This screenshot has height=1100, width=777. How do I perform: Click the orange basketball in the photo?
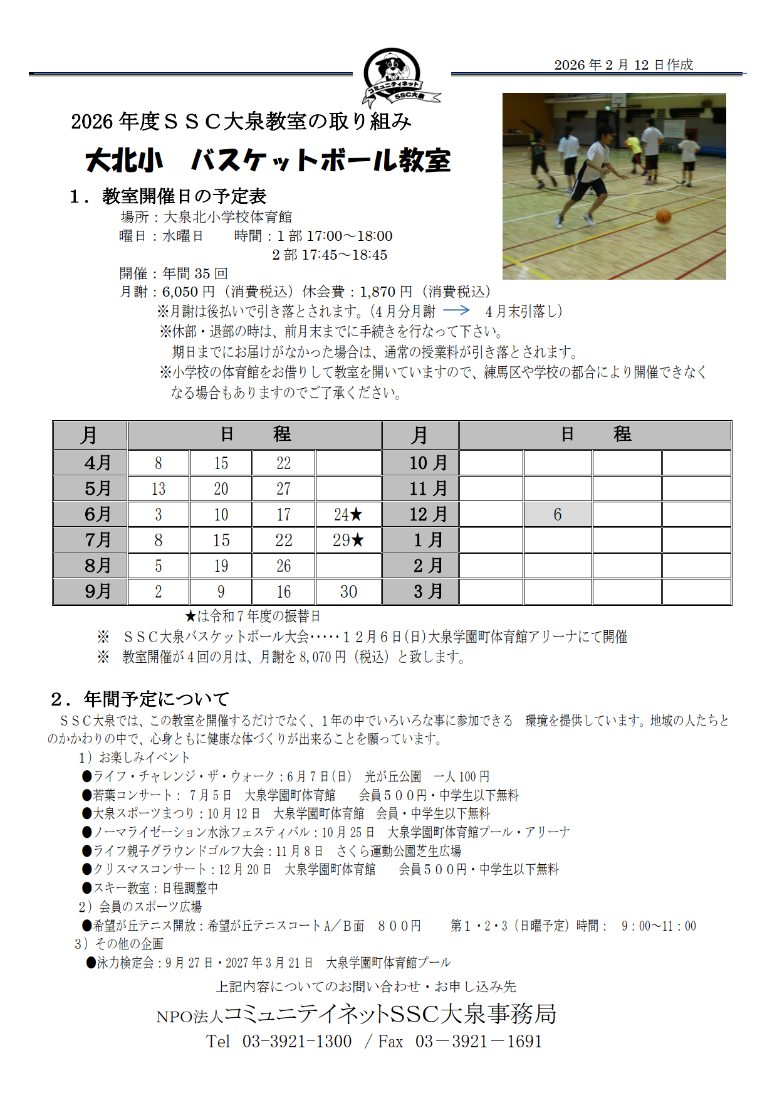point(663,217)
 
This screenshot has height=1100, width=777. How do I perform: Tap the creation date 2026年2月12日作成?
point(623,65)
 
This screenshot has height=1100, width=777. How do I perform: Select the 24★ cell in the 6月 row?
point(348,515)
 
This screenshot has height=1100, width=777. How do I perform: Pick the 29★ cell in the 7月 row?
point(348,541)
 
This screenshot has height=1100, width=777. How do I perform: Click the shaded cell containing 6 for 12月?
point(558,515)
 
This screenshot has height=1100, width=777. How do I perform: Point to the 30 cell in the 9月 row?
point(348,592)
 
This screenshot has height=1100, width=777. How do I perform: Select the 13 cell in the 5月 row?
point(159,489)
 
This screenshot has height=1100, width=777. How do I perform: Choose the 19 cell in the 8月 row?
point(221,566)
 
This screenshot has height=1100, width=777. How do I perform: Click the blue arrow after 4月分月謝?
point(456,310)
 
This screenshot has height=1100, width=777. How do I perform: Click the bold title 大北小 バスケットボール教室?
point(268,161)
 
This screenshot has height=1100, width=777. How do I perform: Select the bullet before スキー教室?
point(87,887)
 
